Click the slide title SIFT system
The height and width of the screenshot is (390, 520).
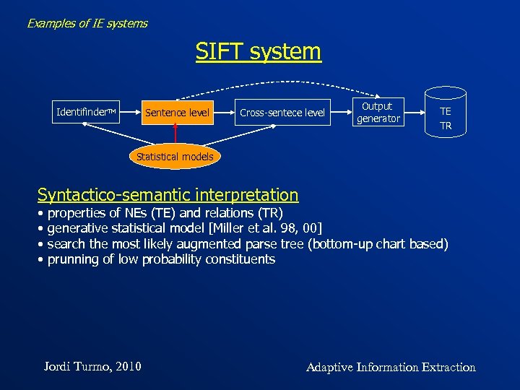(x=258, y=52)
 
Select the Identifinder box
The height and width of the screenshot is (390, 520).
(x=86, y=112)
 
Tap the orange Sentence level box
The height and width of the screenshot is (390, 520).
(x=177, y=112)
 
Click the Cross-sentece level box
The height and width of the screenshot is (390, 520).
(x=282, y=112)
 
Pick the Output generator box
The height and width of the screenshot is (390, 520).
(x=378, y=112)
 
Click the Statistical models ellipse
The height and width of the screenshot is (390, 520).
(x=175, y=156)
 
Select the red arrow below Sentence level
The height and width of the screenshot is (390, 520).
(x=175, y=134)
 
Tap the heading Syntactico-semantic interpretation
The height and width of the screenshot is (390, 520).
(x=168, y=195)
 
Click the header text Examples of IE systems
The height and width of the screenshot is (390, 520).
(x=87, y=23)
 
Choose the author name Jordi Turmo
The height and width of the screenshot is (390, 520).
(x=76, y=367)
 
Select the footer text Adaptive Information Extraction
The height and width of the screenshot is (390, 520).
(x=391, y=367)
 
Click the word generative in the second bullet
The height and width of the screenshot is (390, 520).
(x=78, y=229)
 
